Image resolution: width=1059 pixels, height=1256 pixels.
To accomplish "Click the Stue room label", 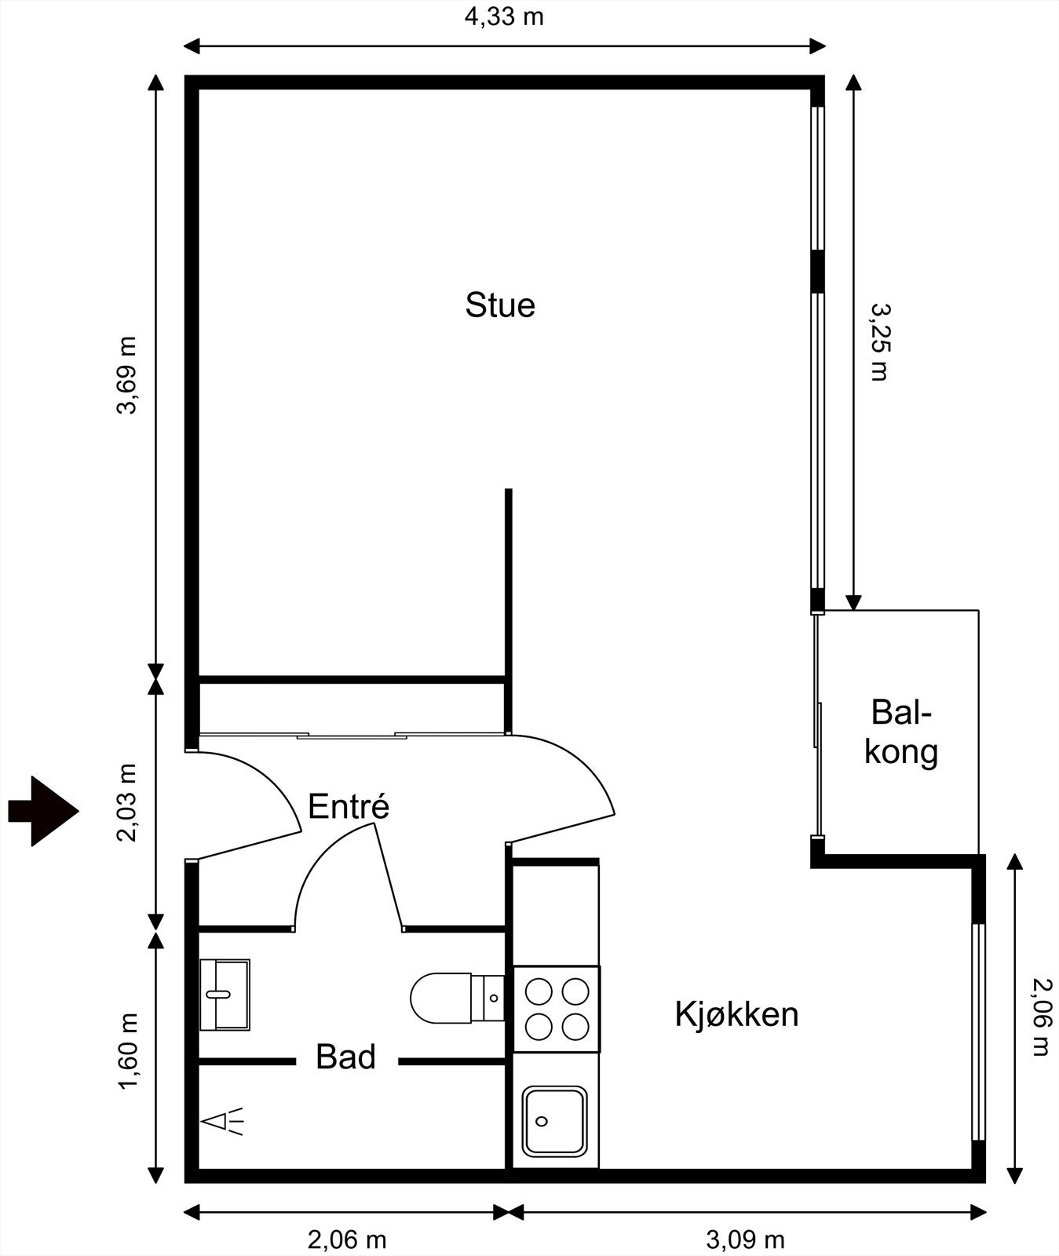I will click(x=500, y=305).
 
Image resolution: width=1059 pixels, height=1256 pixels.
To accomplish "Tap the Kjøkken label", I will click(x=736, y=1014).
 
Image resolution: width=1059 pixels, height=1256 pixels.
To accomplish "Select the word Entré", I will click(x=349, y=807).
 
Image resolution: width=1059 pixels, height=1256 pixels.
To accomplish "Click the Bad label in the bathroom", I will click(x=345, y=1057).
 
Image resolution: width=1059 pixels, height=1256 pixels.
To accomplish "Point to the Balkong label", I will click(x=900, y=732).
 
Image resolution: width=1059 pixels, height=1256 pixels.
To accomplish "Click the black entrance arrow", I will click(x=43, y=811).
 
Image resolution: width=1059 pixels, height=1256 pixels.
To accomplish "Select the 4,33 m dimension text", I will click(x=504, y=16).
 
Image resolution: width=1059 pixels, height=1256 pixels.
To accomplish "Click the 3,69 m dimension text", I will click(x=126, y=375).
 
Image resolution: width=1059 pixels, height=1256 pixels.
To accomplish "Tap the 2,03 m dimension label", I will click(x=126, y=801).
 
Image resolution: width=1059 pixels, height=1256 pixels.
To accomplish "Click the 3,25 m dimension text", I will click(x=880, y=342).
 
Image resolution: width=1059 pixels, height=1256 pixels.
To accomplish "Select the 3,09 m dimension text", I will click(x=745, y=1240).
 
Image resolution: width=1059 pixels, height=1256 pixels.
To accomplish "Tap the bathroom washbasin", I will click(x=225, y=994).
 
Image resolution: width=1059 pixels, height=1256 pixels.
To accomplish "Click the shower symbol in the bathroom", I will click(x=223, y=1122).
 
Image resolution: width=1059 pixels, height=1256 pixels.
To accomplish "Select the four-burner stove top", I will click(x=557, y=1009).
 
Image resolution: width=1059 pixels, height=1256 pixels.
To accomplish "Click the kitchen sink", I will click(x=555, y=1121).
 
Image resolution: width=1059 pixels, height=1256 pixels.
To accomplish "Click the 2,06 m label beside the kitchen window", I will click(x=1040, y=1017).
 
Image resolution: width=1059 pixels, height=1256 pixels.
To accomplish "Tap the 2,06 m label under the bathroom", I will click(x=346, y=1240).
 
